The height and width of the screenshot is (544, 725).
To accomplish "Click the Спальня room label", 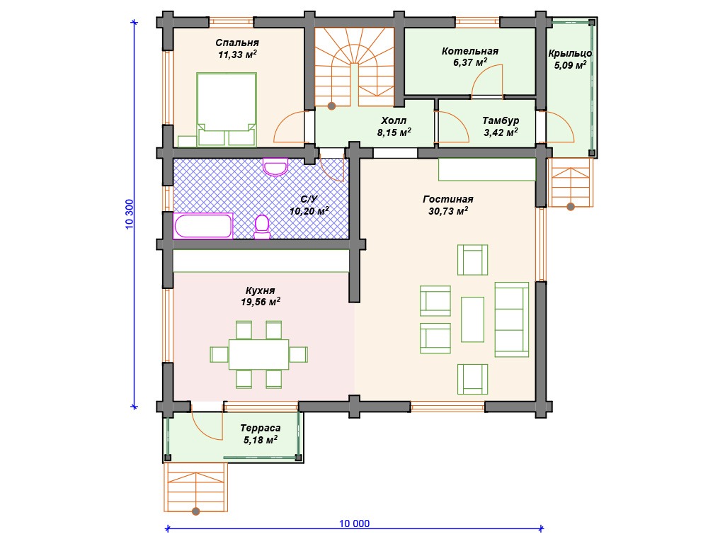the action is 237,42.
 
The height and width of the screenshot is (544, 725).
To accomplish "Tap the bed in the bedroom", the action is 227,109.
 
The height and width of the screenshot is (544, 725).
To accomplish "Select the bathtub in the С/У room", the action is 203,226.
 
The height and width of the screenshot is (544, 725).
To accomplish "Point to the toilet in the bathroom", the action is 262,227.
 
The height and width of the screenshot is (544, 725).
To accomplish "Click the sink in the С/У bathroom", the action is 275,166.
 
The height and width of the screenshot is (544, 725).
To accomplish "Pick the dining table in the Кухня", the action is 259,354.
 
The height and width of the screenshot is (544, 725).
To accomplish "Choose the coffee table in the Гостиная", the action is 472,319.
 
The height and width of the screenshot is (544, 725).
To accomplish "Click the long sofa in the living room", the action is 511,319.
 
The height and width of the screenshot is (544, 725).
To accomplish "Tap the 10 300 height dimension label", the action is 129,214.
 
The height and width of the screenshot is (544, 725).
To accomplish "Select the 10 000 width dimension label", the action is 355,523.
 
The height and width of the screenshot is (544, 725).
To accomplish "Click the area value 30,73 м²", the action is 448,211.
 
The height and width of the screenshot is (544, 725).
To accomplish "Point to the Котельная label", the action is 470,51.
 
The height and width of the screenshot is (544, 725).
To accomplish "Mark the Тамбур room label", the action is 501,120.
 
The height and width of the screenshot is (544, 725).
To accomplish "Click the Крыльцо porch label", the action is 570,54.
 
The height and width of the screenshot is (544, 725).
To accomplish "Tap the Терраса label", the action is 261,429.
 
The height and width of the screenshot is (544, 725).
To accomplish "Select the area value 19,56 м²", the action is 261,302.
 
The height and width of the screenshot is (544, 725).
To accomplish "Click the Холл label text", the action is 394,120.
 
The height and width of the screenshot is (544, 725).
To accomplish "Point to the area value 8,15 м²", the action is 394,132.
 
